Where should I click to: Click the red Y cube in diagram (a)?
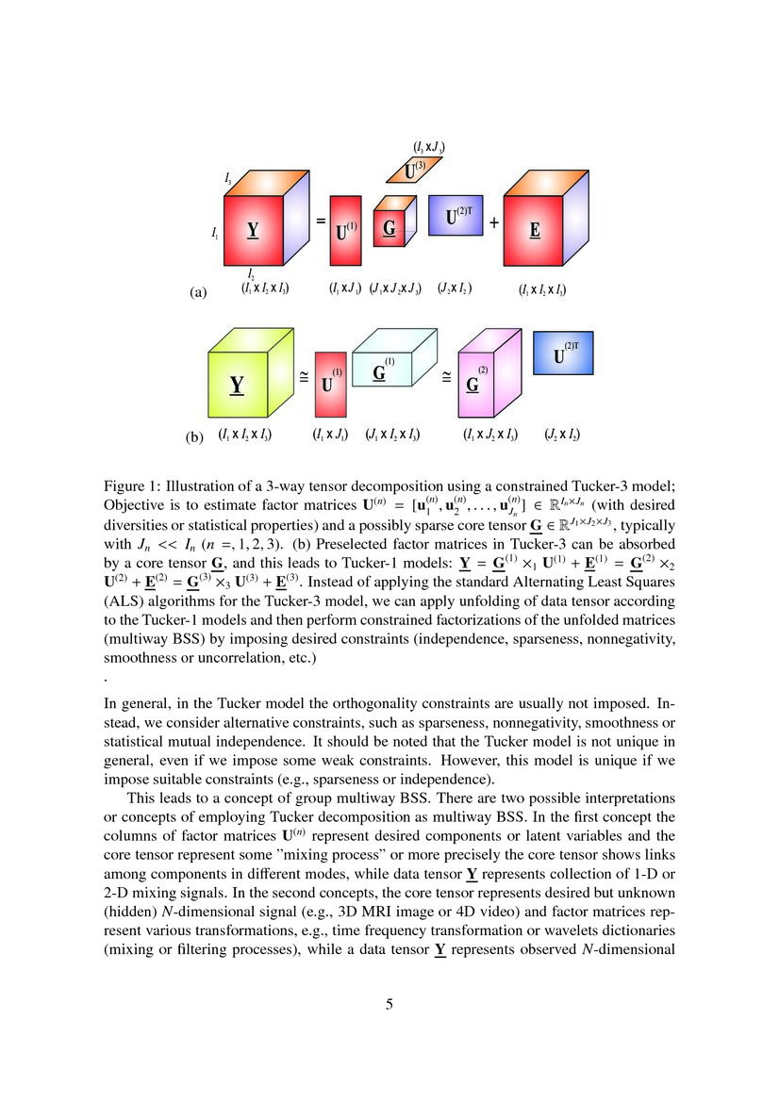(253, 231)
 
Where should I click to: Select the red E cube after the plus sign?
(534, 231)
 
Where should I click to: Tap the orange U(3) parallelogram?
(413, 170)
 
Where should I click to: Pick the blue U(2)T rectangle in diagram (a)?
(456, 215)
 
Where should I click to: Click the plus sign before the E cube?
(494, 223)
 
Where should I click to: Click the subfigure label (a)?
(198, 293)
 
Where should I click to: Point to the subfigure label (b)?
(195, 437)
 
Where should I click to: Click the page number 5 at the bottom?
(389, 1005)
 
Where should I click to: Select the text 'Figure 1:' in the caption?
(132, 486)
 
